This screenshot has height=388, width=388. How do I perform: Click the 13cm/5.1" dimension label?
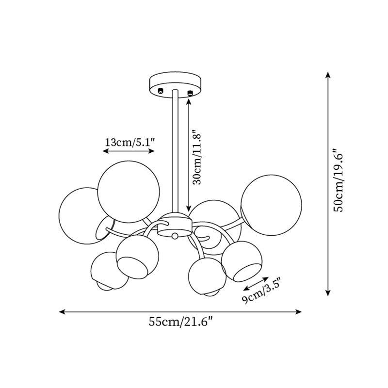130,142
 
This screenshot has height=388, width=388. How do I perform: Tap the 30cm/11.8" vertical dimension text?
197,157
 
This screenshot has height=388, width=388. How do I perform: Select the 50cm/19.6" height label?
338,180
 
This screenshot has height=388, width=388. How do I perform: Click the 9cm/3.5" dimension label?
262,293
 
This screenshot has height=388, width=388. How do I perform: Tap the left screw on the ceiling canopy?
161,91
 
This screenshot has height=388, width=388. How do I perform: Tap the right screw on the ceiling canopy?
190,93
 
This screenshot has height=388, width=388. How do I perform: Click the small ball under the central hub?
175,236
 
